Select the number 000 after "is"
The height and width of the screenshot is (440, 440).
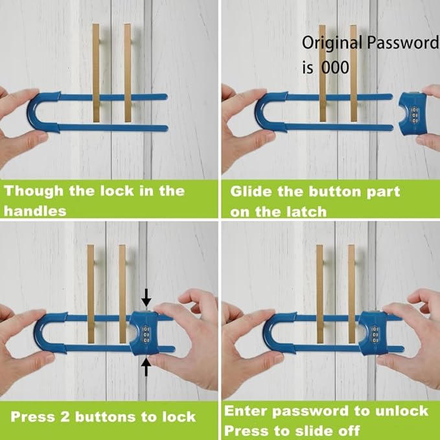(335, 67)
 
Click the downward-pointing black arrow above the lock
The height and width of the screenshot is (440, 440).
(147, 298)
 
